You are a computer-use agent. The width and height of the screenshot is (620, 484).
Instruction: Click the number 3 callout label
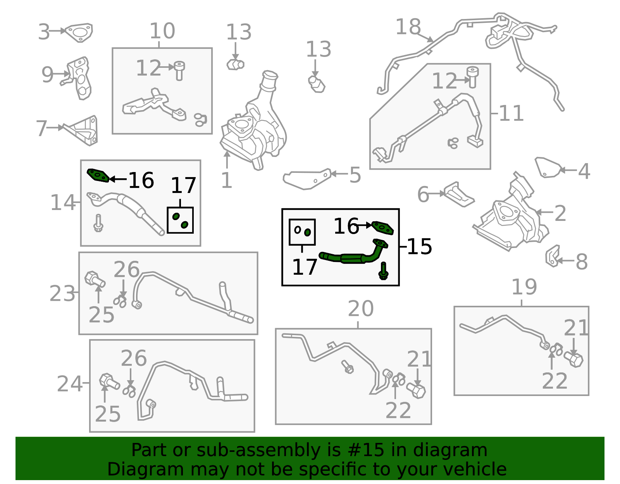pyautogui.click(x=44, y=32)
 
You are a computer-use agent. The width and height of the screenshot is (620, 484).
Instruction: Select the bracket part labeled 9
pyautogui.click(x=80, y=79)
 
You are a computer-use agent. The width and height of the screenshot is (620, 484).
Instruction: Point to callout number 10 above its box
pyautogui.click(x=162, y=31)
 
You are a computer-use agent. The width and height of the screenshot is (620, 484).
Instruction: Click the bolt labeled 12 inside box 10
pyautogui.click(x=179, y=70)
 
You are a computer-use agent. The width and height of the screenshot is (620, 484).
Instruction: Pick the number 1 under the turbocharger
pyautogui.click(x=226, y=181)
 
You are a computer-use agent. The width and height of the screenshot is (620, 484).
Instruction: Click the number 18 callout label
pyautogui.click(x=408, y=27)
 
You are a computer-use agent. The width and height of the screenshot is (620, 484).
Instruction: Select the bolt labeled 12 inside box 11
pyautogui.click(x=472, y=76)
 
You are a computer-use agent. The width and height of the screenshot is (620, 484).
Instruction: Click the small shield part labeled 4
pyautogui.click(x=547, y=167)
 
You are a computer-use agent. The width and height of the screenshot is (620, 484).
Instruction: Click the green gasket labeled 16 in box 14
pyautogui.click(x=98, y=175)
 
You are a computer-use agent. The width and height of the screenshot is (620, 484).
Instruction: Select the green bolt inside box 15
pyautogui.click(x=384, y=270)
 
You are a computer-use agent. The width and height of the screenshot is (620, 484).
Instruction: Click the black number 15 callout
pyautogui.click(x=420, y=246)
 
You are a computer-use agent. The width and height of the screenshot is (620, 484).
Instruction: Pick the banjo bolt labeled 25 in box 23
pyautogui.click(x=94, y=279)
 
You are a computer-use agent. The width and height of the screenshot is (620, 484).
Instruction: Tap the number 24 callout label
pyautogui.click(x=70, y=384)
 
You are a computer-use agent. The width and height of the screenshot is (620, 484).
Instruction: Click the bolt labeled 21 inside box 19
pyautogui.click(x=574, y=359)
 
